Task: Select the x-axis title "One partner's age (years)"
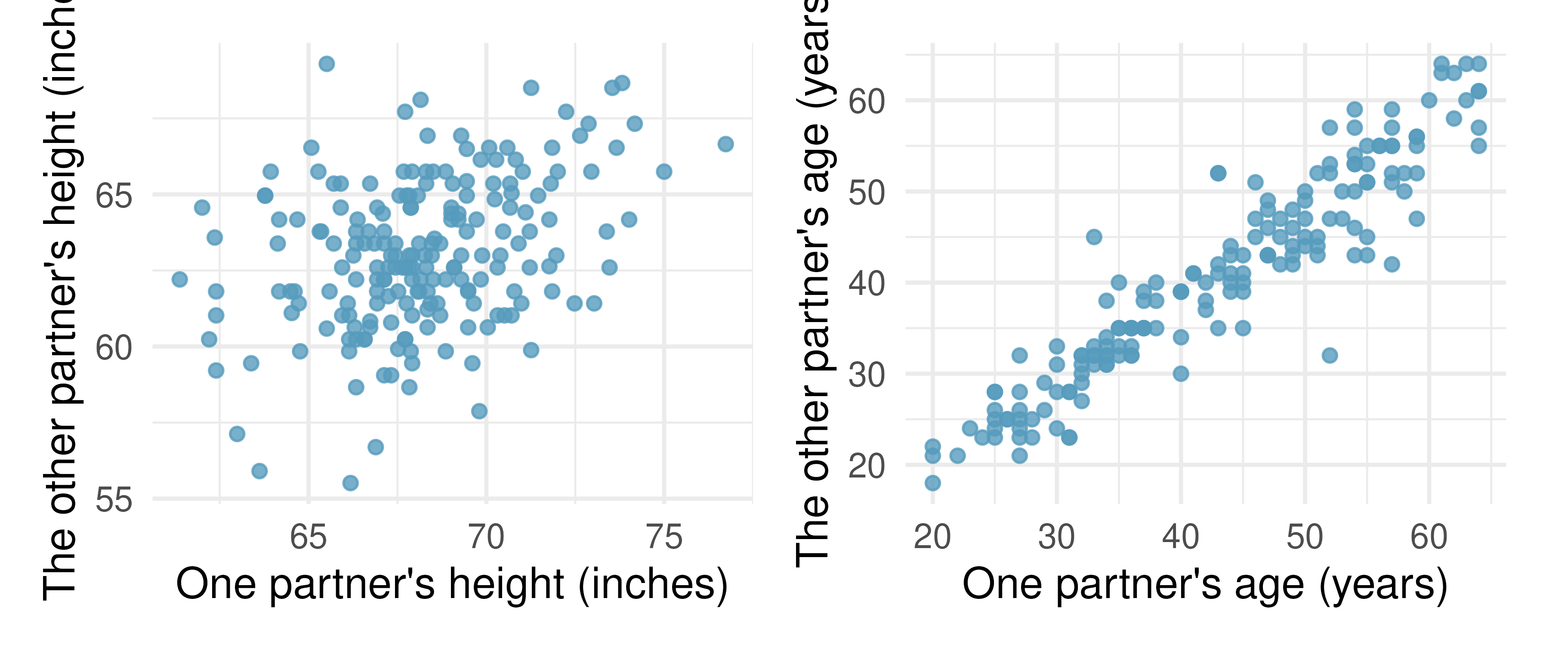coord(1204,585)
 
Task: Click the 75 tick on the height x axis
coord(664,537)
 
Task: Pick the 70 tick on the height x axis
coord(486,537)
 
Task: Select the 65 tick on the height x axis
coord(308,537)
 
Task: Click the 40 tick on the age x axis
coord(1180,537)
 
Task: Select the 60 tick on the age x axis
coord(1429,537)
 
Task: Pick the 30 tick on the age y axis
coord(867,375)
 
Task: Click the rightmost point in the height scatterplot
coord(725,144)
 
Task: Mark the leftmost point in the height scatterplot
coord(179,279)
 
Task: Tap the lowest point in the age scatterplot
coord(933,483)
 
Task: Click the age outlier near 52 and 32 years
coord(1330,355)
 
